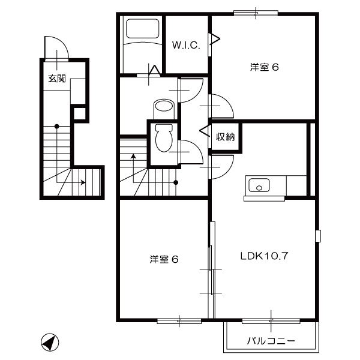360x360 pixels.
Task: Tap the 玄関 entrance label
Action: coord(57,78)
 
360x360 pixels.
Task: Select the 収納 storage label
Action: coord(225,137)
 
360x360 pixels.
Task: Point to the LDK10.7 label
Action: coord(265,256)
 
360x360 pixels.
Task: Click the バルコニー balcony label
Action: coord(271,341)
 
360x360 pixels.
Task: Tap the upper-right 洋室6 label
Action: coord(265,67)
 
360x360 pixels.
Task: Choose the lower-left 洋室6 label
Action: coord(164,259)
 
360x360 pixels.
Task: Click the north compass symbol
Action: coord(50,343)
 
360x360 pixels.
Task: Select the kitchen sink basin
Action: coord(260,185)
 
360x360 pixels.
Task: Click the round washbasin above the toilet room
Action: coord(163,108)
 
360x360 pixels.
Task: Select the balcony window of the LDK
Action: coord(272,321)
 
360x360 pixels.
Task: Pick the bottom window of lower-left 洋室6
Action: coord(179,321)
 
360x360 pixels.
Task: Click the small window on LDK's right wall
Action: coord(319,235)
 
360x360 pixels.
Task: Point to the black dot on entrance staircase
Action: coord(56,126)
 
